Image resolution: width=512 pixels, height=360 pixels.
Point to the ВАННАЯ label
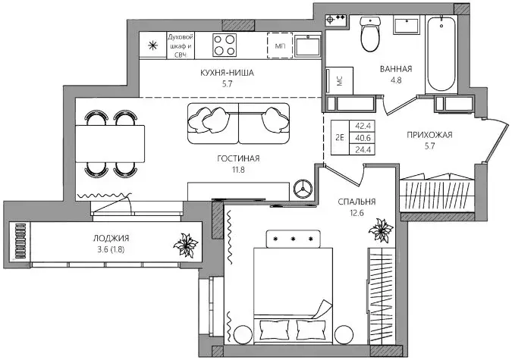click(395, 68)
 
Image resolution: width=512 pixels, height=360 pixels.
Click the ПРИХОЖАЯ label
click(429, 136)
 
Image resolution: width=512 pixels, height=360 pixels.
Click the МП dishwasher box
click(281, 45)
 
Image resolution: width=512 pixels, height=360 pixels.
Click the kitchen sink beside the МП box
click(307, 45)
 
